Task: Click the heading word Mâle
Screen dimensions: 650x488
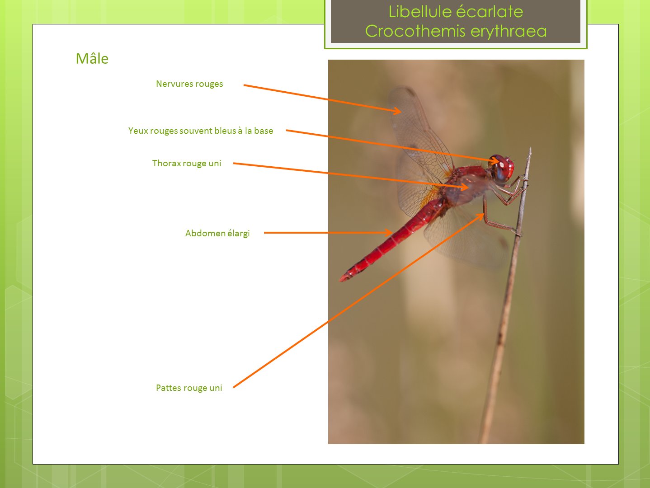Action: pyautogui.click(x=92, y=58)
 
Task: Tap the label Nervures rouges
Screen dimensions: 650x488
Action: pyautogui.click(x=189, y=84)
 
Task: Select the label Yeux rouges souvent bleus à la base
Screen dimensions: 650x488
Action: pyautogui.click(x=201, y=131)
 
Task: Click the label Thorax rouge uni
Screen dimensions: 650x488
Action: pyautogui.click(x=187, y=164)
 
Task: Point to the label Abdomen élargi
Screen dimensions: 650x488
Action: pyautogui.click(x=217, y=233)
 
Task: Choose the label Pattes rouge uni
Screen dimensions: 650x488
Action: pyautogui.click(x=189, y=388)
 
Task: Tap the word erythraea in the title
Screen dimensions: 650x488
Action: pyautogui.click(x=509, y=32)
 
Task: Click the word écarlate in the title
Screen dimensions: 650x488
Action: pyautogui.click(x=489, y=12)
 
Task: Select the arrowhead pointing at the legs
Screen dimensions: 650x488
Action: pyautogui.click(x=480, y=216)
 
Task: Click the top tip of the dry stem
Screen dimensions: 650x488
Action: pyautogui.click(x=530, y=148)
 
